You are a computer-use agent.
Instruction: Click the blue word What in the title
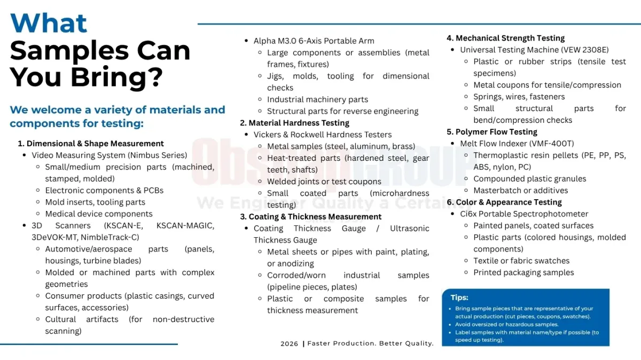(x=49, y=23)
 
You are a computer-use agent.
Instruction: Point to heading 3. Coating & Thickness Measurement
(x=311, y=216)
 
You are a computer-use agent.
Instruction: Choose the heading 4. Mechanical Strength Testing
(x=505, y=38)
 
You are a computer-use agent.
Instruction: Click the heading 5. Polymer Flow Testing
(x=492, y=132)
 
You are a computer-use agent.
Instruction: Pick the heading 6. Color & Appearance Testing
(x=504, y=202)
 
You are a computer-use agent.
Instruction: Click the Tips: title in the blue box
(x=459, y=298)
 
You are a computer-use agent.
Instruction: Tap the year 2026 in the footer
(x=290, y=343)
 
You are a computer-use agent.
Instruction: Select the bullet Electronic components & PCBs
(x=104, y=190)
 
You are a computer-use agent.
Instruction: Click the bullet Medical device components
(x=99, y=214)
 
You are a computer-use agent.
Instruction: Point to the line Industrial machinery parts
(x=317, y=99)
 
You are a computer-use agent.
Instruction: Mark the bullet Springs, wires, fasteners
(x=519, y=97)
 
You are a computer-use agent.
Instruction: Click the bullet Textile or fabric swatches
(x=521, y=261)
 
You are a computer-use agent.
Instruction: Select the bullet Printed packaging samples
(x=523, y=272)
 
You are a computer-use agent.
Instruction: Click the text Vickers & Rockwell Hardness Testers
(x=323, y=135)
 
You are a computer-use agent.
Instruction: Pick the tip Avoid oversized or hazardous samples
(x=507, y=324)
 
